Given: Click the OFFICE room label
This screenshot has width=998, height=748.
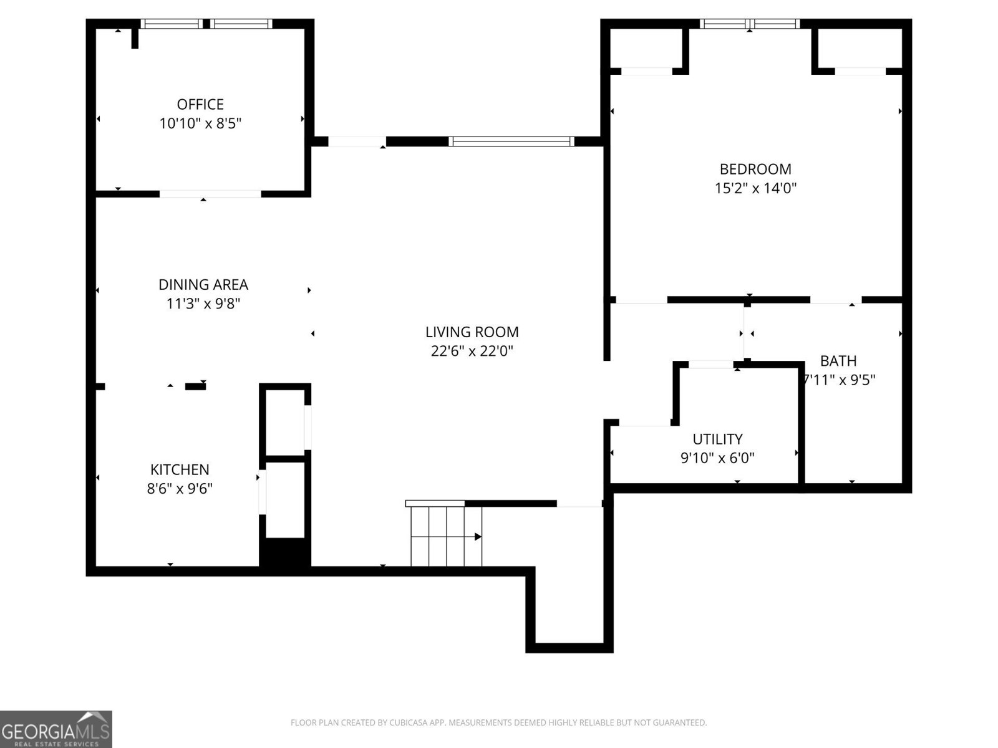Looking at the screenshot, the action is click(x=200, y=105).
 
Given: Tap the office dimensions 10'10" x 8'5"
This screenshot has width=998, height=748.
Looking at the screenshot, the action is click(x=200, y=123).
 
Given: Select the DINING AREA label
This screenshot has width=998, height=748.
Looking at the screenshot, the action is click(x=203, y=285).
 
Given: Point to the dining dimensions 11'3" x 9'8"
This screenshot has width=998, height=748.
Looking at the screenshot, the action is click(x=203, y=304).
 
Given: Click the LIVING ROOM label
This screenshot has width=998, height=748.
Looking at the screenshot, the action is click(x=472, y=332).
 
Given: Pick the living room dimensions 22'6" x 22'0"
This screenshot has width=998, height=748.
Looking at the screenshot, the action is click(x=472, y=351).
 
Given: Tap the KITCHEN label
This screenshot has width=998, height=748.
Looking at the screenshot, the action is click(x=180, y=469).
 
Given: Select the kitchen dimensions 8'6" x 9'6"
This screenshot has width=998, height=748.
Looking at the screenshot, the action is click(x=180, y=488).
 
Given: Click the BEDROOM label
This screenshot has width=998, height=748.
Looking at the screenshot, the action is click(x=755, y=169).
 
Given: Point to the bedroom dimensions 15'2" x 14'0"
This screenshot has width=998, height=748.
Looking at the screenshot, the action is click(x=755, y=188).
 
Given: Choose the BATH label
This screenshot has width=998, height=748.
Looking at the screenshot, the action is click(x=838, y=361).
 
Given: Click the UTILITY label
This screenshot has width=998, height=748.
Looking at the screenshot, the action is click(x=717, y=439).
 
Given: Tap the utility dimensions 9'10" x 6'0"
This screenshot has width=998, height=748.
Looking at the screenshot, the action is click(x=717, y=458).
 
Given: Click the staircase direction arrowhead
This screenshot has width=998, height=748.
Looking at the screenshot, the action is click(x=478, y=537).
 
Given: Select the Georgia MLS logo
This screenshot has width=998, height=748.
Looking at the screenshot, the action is click(x=56, y=729).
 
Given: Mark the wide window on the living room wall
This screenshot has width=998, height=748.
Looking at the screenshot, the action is click(x=511, y=141).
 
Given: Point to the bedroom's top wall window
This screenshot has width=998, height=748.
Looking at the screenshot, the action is click(x=749, y=24).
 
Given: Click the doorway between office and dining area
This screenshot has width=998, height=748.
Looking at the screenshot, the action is click(x=210, y=194).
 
